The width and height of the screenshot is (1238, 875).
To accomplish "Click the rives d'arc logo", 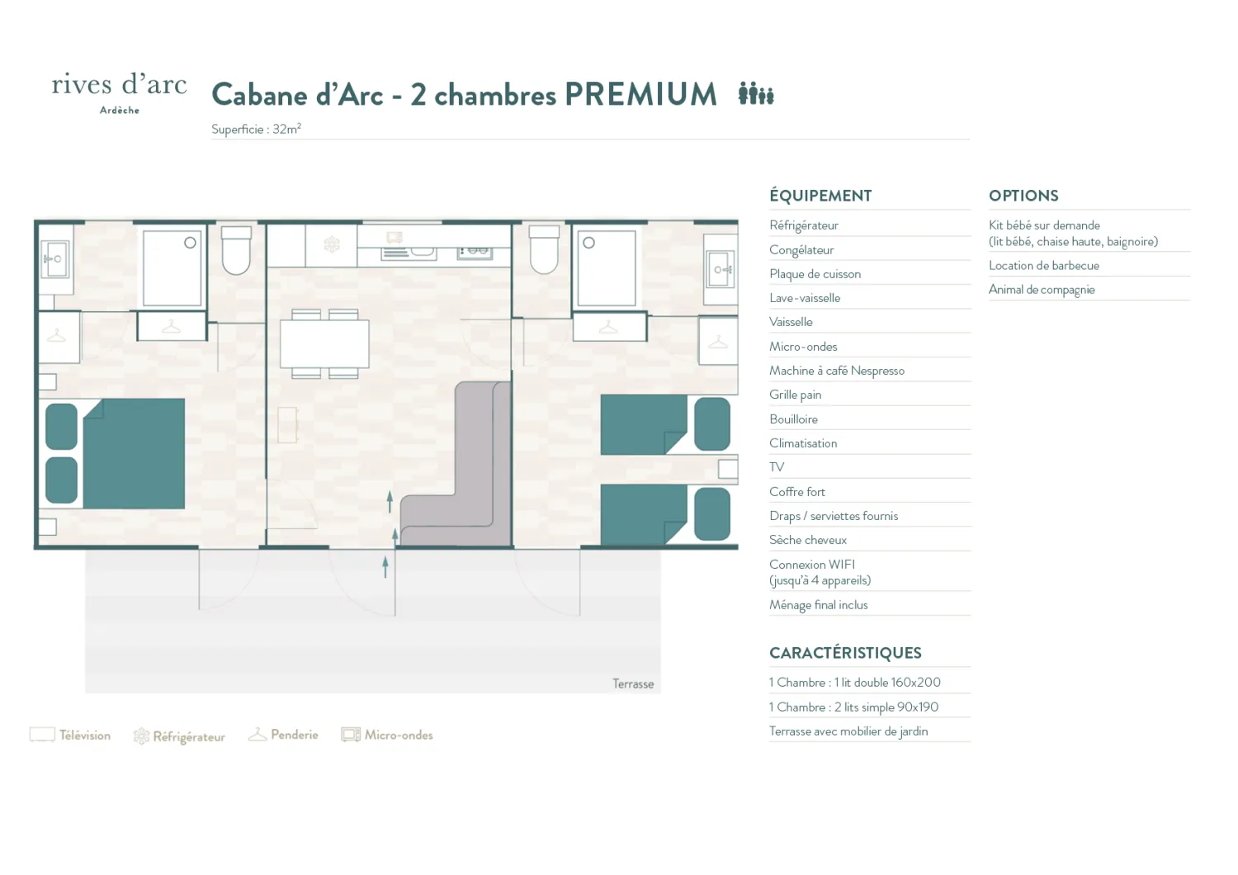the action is tap(120, 92).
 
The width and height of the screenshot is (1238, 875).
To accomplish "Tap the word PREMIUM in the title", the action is tap(640, 94).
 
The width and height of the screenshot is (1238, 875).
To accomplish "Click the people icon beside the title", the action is tap(756, 93).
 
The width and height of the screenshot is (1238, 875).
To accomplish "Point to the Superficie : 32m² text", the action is tap(256, 130).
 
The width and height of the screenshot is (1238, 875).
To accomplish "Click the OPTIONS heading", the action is tap(1023, 196).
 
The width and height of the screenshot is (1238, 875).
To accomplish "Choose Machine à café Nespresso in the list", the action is tap(837, 371).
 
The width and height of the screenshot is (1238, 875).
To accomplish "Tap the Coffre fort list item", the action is tap(797, 491).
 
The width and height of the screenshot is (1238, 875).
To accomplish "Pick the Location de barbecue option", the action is tap(1044, 265).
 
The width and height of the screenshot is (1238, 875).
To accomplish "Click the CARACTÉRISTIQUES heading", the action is tap(845, 653).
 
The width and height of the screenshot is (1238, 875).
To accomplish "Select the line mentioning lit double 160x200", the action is tap(854, 683).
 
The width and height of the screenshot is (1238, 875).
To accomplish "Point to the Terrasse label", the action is tap(633, 683).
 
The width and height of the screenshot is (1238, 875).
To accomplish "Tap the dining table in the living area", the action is tap(324, 344).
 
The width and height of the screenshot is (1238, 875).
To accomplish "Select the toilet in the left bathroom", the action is tap(236, 250).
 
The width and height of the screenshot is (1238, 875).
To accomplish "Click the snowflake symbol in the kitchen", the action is tap(332, 244).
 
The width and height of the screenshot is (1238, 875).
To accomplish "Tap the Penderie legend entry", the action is tap(283, 735).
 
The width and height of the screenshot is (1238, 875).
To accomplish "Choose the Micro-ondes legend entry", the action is tap(387, 735).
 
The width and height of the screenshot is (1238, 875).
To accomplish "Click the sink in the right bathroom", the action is tap(721, 269).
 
